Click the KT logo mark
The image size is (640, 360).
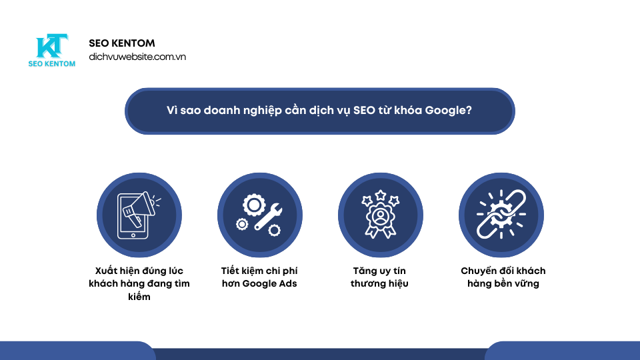tap(52, 47)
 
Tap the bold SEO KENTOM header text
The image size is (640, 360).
tap(122, 43)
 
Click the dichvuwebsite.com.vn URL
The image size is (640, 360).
tap(137, 57)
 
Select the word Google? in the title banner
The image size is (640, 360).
tap(449, 111)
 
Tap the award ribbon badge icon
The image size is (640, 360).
tap(379, 218)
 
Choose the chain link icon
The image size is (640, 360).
tap(501, 215)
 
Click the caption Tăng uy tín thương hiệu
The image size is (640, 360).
tap(379, 277)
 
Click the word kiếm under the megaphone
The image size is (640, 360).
tap(139, 297)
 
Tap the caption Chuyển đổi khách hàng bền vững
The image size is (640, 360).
tap(503, 277)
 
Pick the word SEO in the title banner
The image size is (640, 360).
tap(354, 111)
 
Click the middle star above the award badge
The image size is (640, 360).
tap(379, 194)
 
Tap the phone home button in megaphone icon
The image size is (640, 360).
tap(133, 234)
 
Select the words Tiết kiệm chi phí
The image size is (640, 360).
tap(259, 271)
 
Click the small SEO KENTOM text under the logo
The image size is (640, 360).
tap(52, 64)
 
